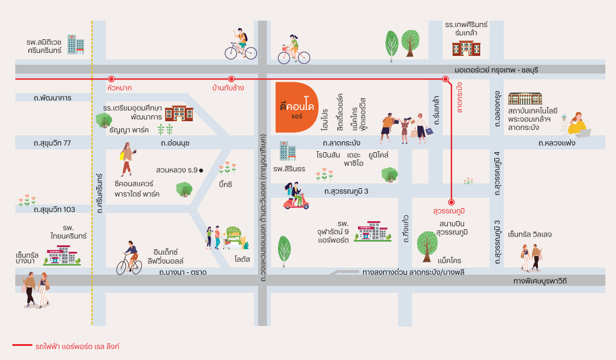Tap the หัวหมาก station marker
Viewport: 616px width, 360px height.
point(111,79)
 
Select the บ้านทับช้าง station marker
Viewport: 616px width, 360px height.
point(232,79)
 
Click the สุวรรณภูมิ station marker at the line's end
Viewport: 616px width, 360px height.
point(451,202)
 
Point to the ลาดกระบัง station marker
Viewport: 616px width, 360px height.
point(446,79)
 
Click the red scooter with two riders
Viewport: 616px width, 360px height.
point(296,195)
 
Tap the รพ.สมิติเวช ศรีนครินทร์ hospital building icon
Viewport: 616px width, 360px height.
point(76,44)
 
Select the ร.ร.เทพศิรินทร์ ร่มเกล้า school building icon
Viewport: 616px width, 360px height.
point(466,48)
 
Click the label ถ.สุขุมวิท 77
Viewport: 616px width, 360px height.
point(52,143)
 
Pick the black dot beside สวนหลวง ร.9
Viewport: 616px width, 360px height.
point(201,170)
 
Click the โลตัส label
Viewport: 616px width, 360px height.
point(242,259)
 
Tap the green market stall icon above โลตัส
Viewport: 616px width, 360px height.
point(233,238)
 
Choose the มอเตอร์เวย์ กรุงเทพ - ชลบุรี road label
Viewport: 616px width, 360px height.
point(496,70)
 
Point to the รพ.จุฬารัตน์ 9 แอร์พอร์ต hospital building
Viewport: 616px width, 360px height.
point(373,231)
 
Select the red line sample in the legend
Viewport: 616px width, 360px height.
point(22,345)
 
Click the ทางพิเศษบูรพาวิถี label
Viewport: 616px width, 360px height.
point(540,281)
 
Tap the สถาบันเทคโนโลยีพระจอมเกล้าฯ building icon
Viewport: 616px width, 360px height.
point(525,98)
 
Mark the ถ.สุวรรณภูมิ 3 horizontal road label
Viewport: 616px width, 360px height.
point(346,191)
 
